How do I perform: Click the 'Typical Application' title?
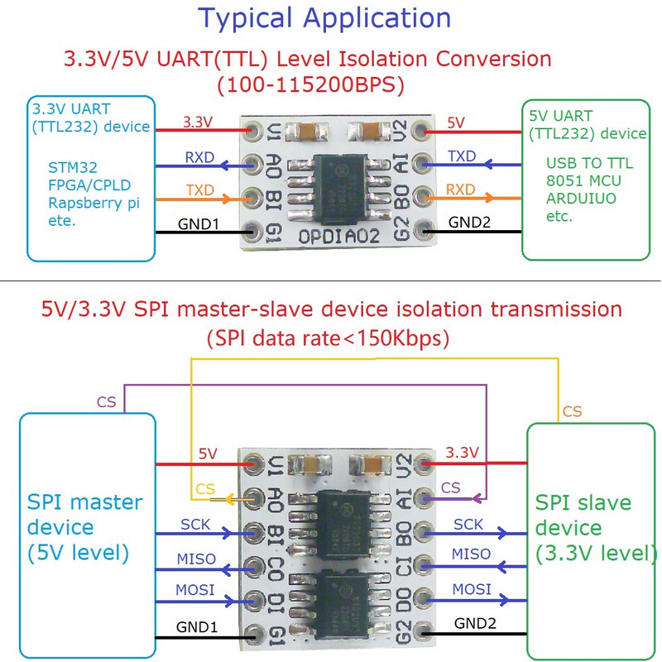pos(324,18)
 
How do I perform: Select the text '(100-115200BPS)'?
pos(308,84)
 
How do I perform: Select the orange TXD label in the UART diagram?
pos(200,189)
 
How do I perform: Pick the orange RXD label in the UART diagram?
pos(461,189)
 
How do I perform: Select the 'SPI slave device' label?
pos(584,515)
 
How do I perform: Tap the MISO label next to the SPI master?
pos(196,559)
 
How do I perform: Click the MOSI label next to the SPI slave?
pos(472,588)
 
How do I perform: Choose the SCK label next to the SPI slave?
pos(468,524)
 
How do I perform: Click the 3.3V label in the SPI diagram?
pos(462,453)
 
